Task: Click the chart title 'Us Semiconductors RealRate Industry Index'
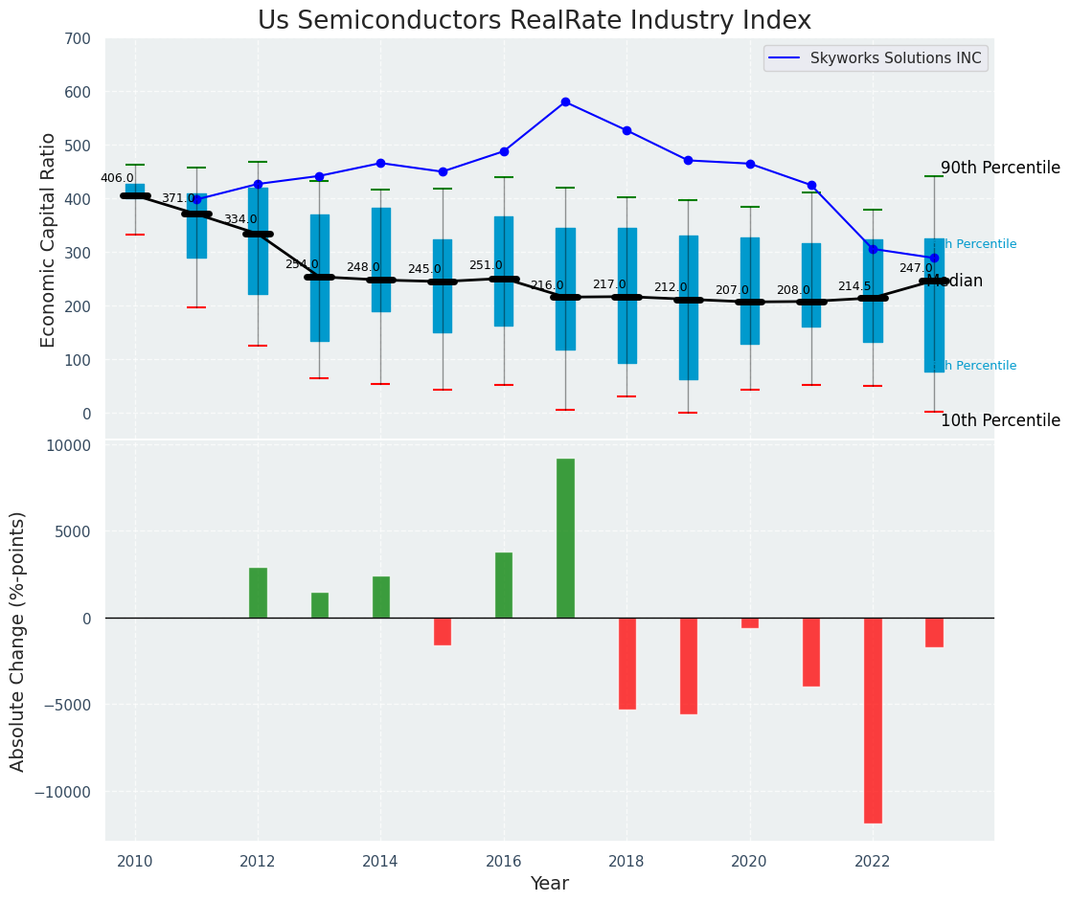(534, 21)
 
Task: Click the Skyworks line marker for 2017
(565, 101)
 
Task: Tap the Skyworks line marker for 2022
(873, 249)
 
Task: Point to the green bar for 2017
(565, 538)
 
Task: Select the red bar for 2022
(873, 720)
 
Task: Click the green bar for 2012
(258, 593)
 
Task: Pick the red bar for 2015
(443, 631)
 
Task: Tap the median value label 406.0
(117, 178)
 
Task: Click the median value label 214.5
(854, 286)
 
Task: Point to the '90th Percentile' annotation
(1000, 169)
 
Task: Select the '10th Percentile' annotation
(1000, 421)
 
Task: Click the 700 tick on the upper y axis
(78, 39)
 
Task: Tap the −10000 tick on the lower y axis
(63, 793)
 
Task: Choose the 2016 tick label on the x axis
(504, 861)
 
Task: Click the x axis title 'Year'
(550, 884)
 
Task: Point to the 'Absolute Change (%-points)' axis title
(18, 641)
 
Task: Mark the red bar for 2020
(750, 623)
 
